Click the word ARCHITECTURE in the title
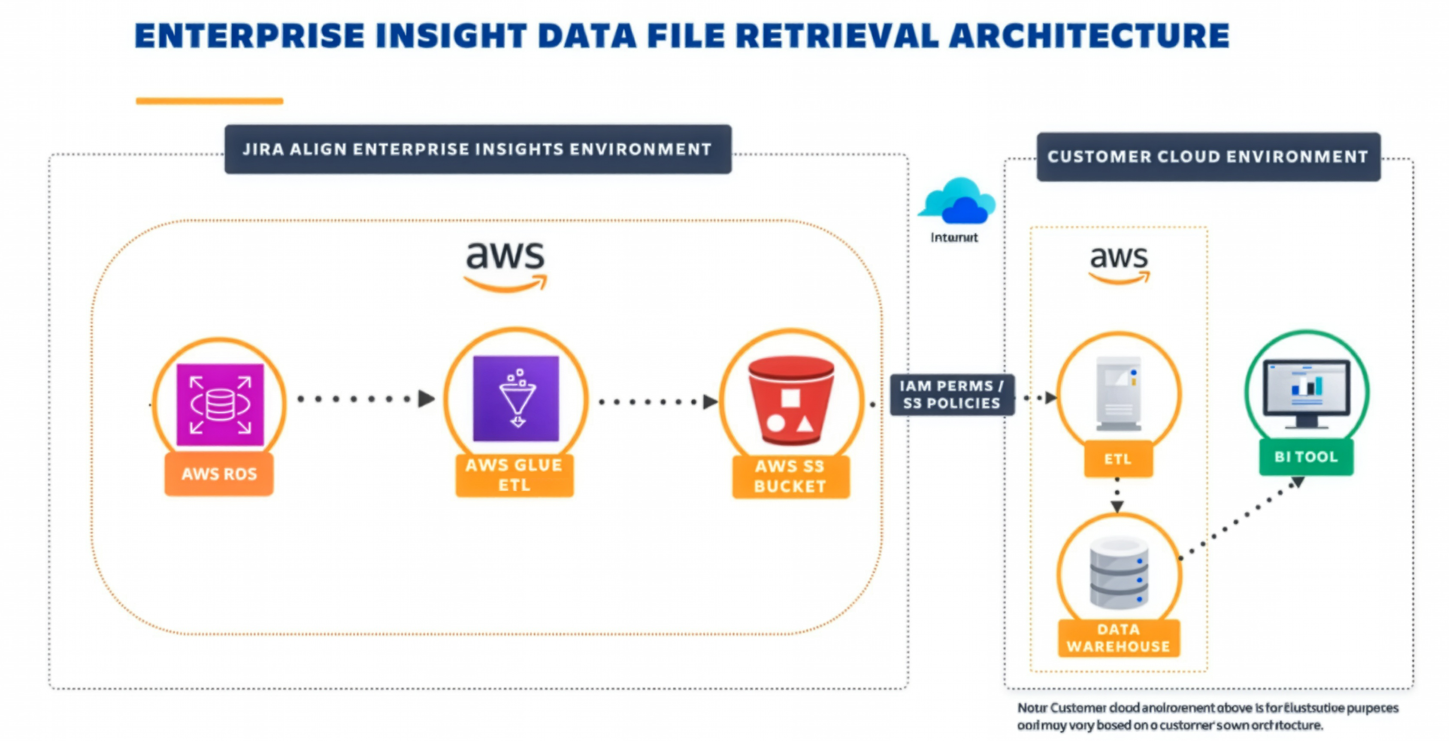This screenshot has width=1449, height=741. pos(1089,36)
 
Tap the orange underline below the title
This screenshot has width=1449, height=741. pos(209,101)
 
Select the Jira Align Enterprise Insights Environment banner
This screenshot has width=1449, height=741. pos(478,149)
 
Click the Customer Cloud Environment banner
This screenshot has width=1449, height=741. pos(1208,156)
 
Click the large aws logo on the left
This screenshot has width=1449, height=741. pos(505,264)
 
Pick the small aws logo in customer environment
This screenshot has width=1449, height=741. pos(1119,263)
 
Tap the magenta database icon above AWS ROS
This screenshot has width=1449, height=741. pos(220,404)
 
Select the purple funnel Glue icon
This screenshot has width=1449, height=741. pos(516,398)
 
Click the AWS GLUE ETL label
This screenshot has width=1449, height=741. pos(514,475)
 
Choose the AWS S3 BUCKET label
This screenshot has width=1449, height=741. pos(790,477)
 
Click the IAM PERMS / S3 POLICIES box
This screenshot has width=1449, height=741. pos(952,395)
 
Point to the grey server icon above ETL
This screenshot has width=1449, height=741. pos(1119,393)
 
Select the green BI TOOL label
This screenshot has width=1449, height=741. pos(1306,457)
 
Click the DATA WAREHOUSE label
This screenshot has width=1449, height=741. pos(1118,638)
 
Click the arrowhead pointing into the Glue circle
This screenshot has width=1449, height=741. pos(427,399)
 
